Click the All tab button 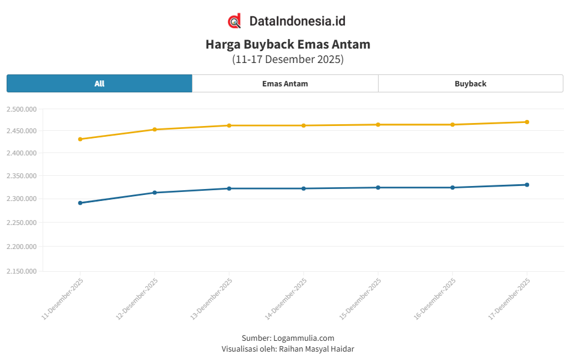coord(100,83)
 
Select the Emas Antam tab coord(285,83)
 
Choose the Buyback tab coord(470,83)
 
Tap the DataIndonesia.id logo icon coord(235,21)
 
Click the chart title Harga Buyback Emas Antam coord(288,44)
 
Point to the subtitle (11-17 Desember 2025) coord(288,59)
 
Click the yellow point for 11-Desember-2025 coord(80,139)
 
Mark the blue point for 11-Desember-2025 coord(80,203)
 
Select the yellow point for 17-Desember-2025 coord(527,122)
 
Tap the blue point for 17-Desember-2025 coord(527,185)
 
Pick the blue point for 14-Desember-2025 coord(304,188)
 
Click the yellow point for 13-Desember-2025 coord(229,125)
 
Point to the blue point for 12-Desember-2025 coord(155,193)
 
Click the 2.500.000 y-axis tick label coord(22,109)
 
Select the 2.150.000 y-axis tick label coord(22,271)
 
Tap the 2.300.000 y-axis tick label coord(22,199)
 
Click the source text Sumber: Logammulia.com coord(288,338)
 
